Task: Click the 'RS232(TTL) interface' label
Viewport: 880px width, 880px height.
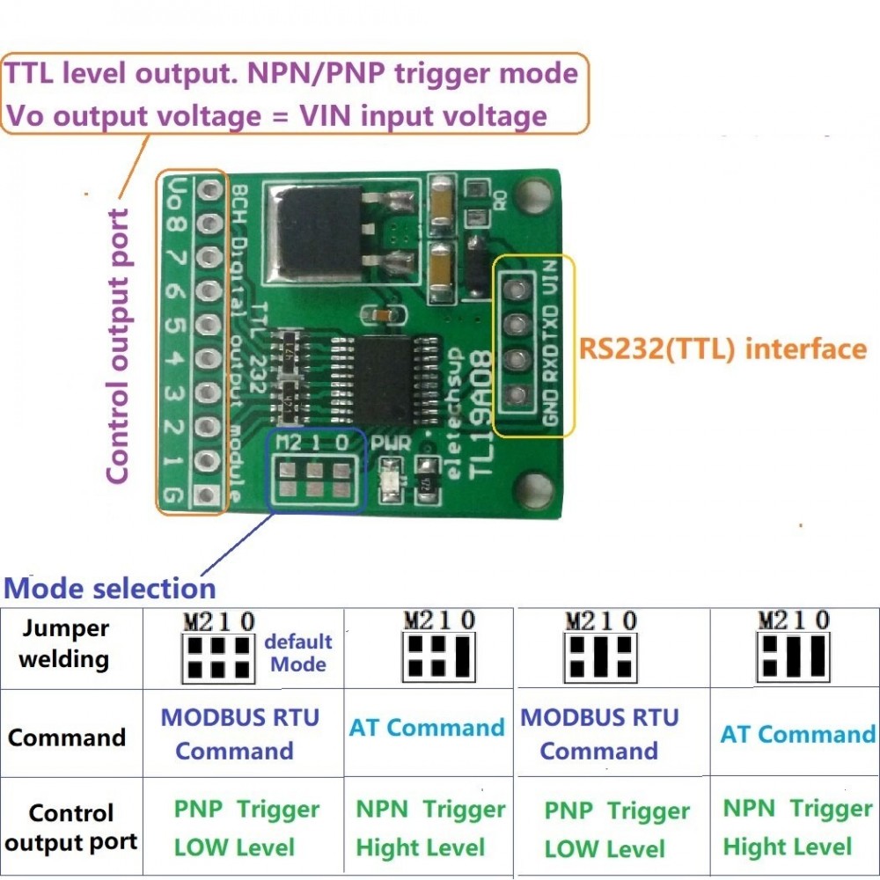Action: tap(722, 348)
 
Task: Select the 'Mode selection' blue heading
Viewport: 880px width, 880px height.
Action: tap(110, 587)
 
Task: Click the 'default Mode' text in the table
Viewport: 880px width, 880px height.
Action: tap(298, 653)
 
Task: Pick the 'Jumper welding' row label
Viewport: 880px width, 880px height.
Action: tap(65, 644)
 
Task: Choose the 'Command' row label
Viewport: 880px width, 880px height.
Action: tap(67, 737)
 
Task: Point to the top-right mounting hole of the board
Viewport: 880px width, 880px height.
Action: tap(530, 191)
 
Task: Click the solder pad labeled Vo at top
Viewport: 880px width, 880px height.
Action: tap(209, 189)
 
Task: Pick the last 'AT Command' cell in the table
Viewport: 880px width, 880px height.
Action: tap(797, 734)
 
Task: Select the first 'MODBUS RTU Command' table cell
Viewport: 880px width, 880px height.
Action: tap(238, 733)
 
